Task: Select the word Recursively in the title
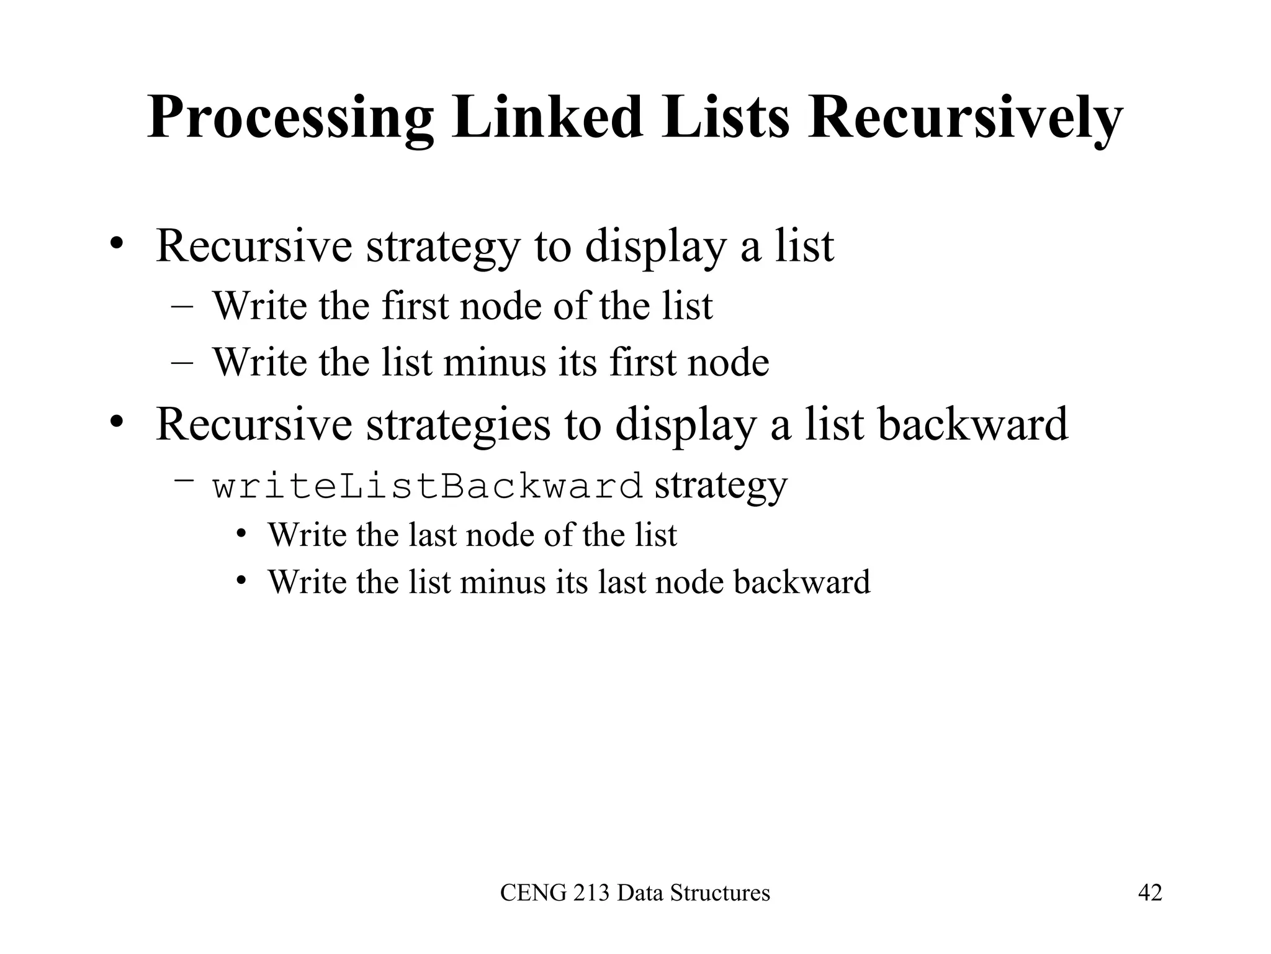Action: coord(965,118)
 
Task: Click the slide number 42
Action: coord(1150,893)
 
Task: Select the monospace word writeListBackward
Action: coord(428,486)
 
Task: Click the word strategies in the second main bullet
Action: coord(458,425)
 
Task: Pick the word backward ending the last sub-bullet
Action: coord(802,583)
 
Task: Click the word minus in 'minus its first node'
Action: coord(495,362)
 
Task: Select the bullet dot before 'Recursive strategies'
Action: coord(115,423)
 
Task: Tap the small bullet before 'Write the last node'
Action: coord(241,534)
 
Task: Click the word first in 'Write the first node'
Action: coord(415,306)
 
